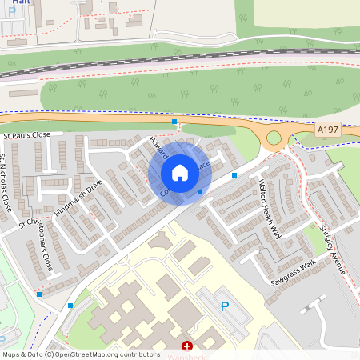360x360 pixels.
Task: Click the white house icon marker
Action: (180, 173)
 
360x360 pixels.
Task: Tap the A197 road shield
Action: (327, 129)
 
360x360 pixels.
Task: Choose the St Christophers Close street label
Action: (39, 241)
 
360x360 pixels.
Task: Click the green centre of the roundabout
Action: (274, 138)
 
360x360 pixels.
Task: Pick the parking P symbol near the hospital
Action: (225, 306)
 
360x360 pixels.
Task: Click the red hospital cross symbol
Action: (187, 346)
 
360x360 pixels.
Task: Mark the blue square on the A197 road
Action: (174, 122)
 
